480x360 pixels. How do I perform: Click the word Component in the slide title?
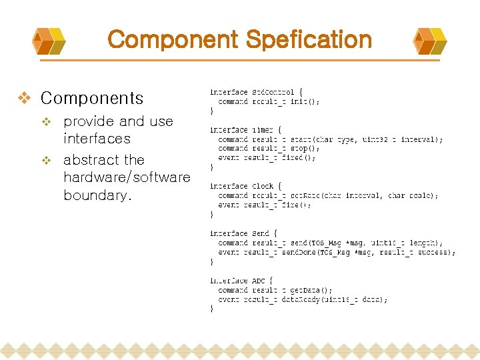(x=173, y=40)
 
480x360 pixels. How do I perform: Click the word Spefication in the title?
(x=308, y=40)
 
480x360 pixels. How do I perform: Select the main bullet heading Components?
(x=92, y=99)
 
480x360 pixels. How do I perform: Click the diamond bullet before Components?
(x=24, y=99)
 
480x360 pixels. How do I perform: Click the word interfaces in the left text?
(x=97, y=139)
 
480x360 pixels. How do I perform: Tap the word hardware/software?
(x=127, y=178)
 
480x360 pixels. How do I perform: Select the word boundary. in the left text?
(x=97, y=196)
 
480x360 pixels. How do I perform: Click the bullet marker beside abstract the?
(x=46, y=161)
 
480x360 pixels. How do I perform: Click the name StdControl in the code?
(x=273, y=92)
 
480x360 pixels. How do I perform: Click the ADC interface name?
(x=258, y=281)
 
